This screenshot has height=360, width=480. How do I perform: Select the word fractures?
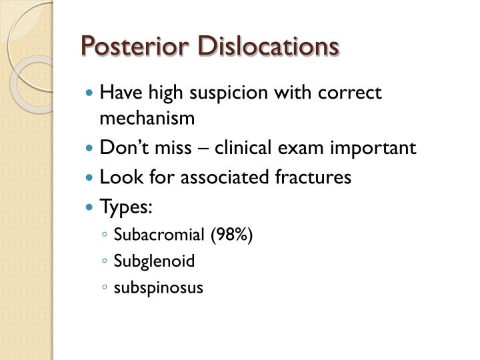coord(313,177)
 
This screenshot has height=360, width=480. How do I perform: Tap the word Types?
coord(125,207)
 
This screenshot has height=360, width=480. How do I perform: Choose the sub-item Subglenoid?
coord(154,261)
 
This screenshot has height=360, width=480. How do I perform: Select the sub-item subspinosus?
coord(157,287)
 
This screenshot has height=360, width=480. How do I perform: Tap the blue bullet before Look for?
coord(91,178)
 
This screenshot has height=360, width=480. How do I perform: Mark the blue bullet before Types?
coord(91,207)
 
